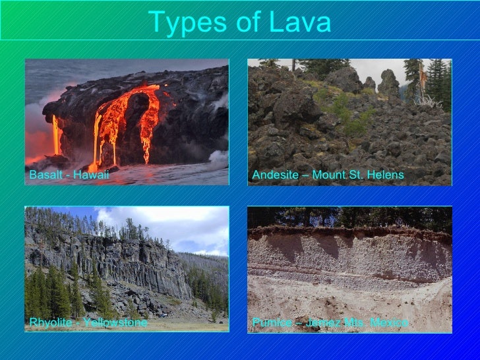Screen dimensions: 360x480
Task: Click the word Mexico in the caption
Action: [x=390, y=322]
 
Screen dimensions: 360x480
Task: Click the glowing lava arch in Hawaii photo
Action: [x=135, y=112]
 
